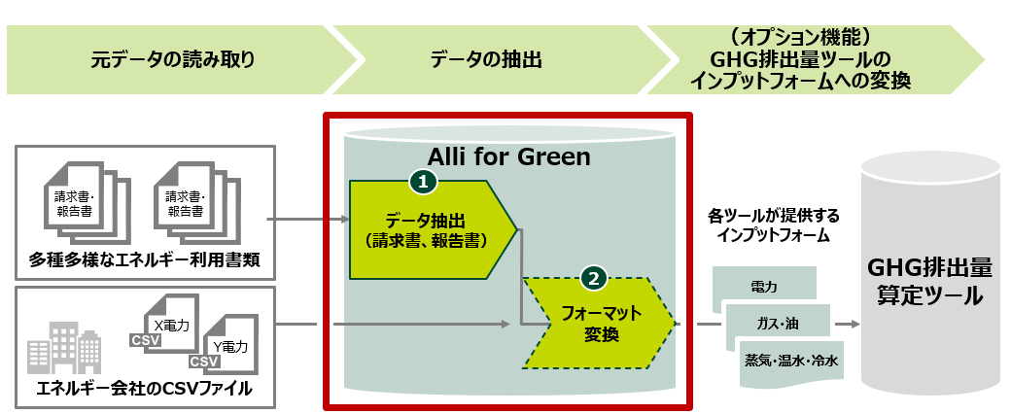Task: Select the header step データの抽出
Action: (485, 59)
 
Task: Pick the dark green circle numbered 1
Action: (423, 181)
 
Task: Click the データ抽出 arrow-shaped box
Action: (428, 229)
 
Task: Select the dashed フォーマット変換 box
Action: (596, 325)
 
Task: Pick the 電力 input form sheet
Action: (764, 287)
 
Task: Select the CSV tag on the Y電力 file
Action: (204, 362)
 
